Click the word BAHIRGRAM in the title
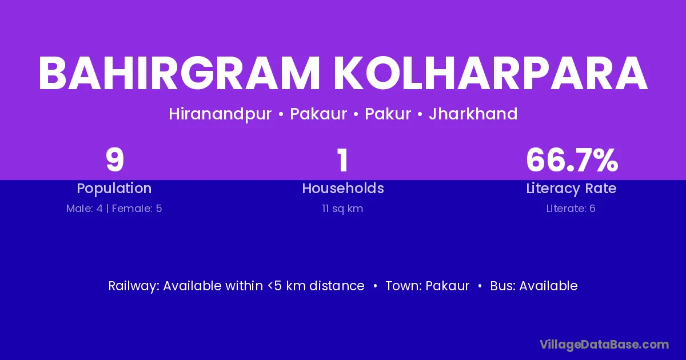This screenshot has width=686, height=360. (x=179, y=74)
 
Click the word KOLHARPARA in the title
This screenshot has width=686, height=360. (x=490, y=74)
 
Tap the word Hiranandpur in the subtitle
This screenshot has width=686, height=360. (x=220, y=114)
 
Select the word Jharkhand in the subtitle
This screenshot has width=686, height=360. (x=473, y=114)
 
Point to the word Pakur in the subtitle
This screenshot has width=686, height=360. (x=388, y=114)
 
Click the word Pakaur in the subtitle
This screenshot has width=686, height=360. (x=318, y=114)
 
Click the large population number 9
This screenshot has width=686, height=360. (x=114, y=160)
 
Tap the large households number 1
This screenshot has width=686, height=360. (x=342, y=160)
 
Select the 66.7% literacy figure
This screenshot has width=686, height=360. (x=572, y=160)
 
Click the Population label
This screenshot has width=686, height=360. (x=114, y=189)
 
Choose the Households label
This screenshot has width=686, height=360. (x=343, y=188)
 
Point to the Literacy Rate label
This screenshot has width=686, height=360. (x=571, y=189)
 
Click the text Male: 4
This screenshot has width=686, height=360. (x=85, y=209)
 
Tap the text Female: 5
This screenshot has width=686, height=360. (x=137, y=209)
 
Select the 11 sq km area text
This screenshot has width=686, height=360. (x=342, y=209)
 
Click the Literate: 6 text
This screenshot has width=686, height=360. (x=571, y=209)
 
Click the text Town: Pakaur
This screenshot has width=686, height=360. (x=427, y=286)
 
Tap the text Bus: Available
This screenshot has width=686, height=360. (x=534, y=286)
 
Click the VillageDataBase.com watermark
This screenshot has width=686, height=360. (x=604, y=345)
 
